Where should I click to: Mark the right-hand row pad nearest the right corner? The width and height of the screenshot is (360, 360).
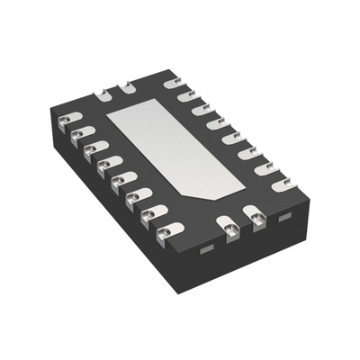pos(289,185)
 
